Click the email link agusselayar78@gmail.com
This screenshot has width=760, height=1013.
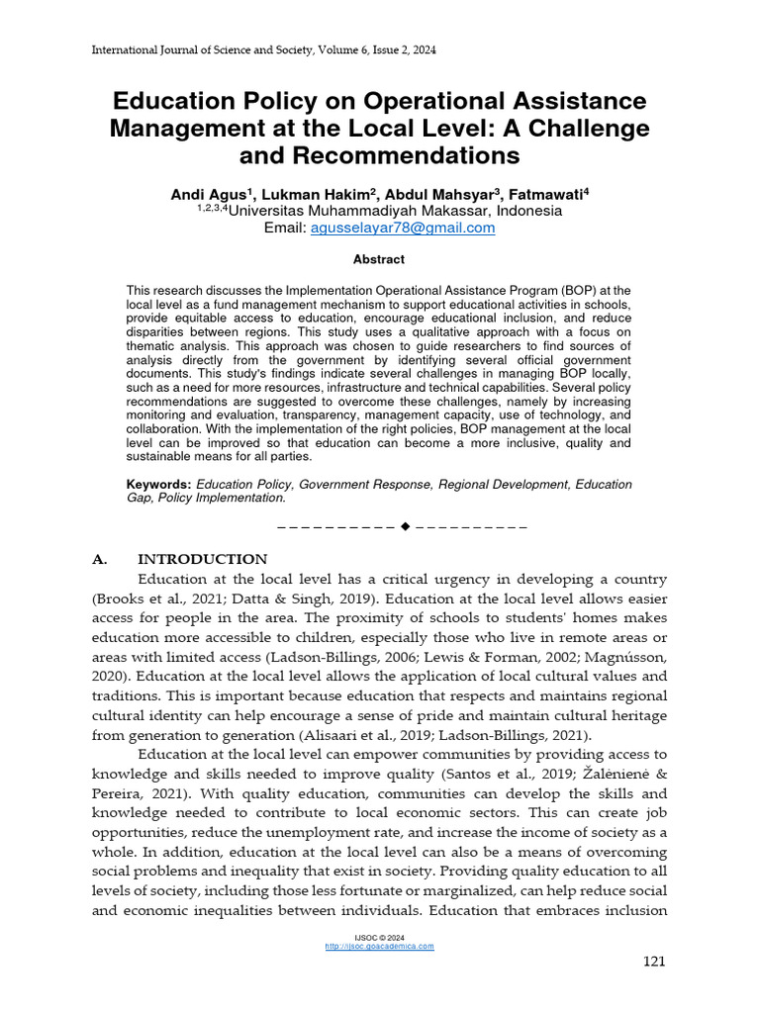pos(403,228)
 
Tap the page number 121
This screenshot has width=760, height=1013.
pos(654,962)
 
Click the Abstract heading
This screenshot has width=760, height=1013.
pos(379,259)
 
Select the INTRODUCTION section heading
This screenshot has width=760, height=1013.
pos(202,559)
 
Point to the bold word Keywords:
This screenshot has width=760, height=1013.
pos(158,485)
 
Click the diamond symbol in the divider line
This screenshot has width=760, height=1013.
pos(405,525)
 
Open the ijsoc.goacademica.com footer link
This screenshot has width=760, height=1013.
pos(379,947)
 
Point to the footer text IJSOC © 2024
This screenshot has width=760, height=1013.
pos(379,937)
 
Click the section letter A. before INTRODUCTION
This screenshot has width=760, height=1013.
pos(99,559)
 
